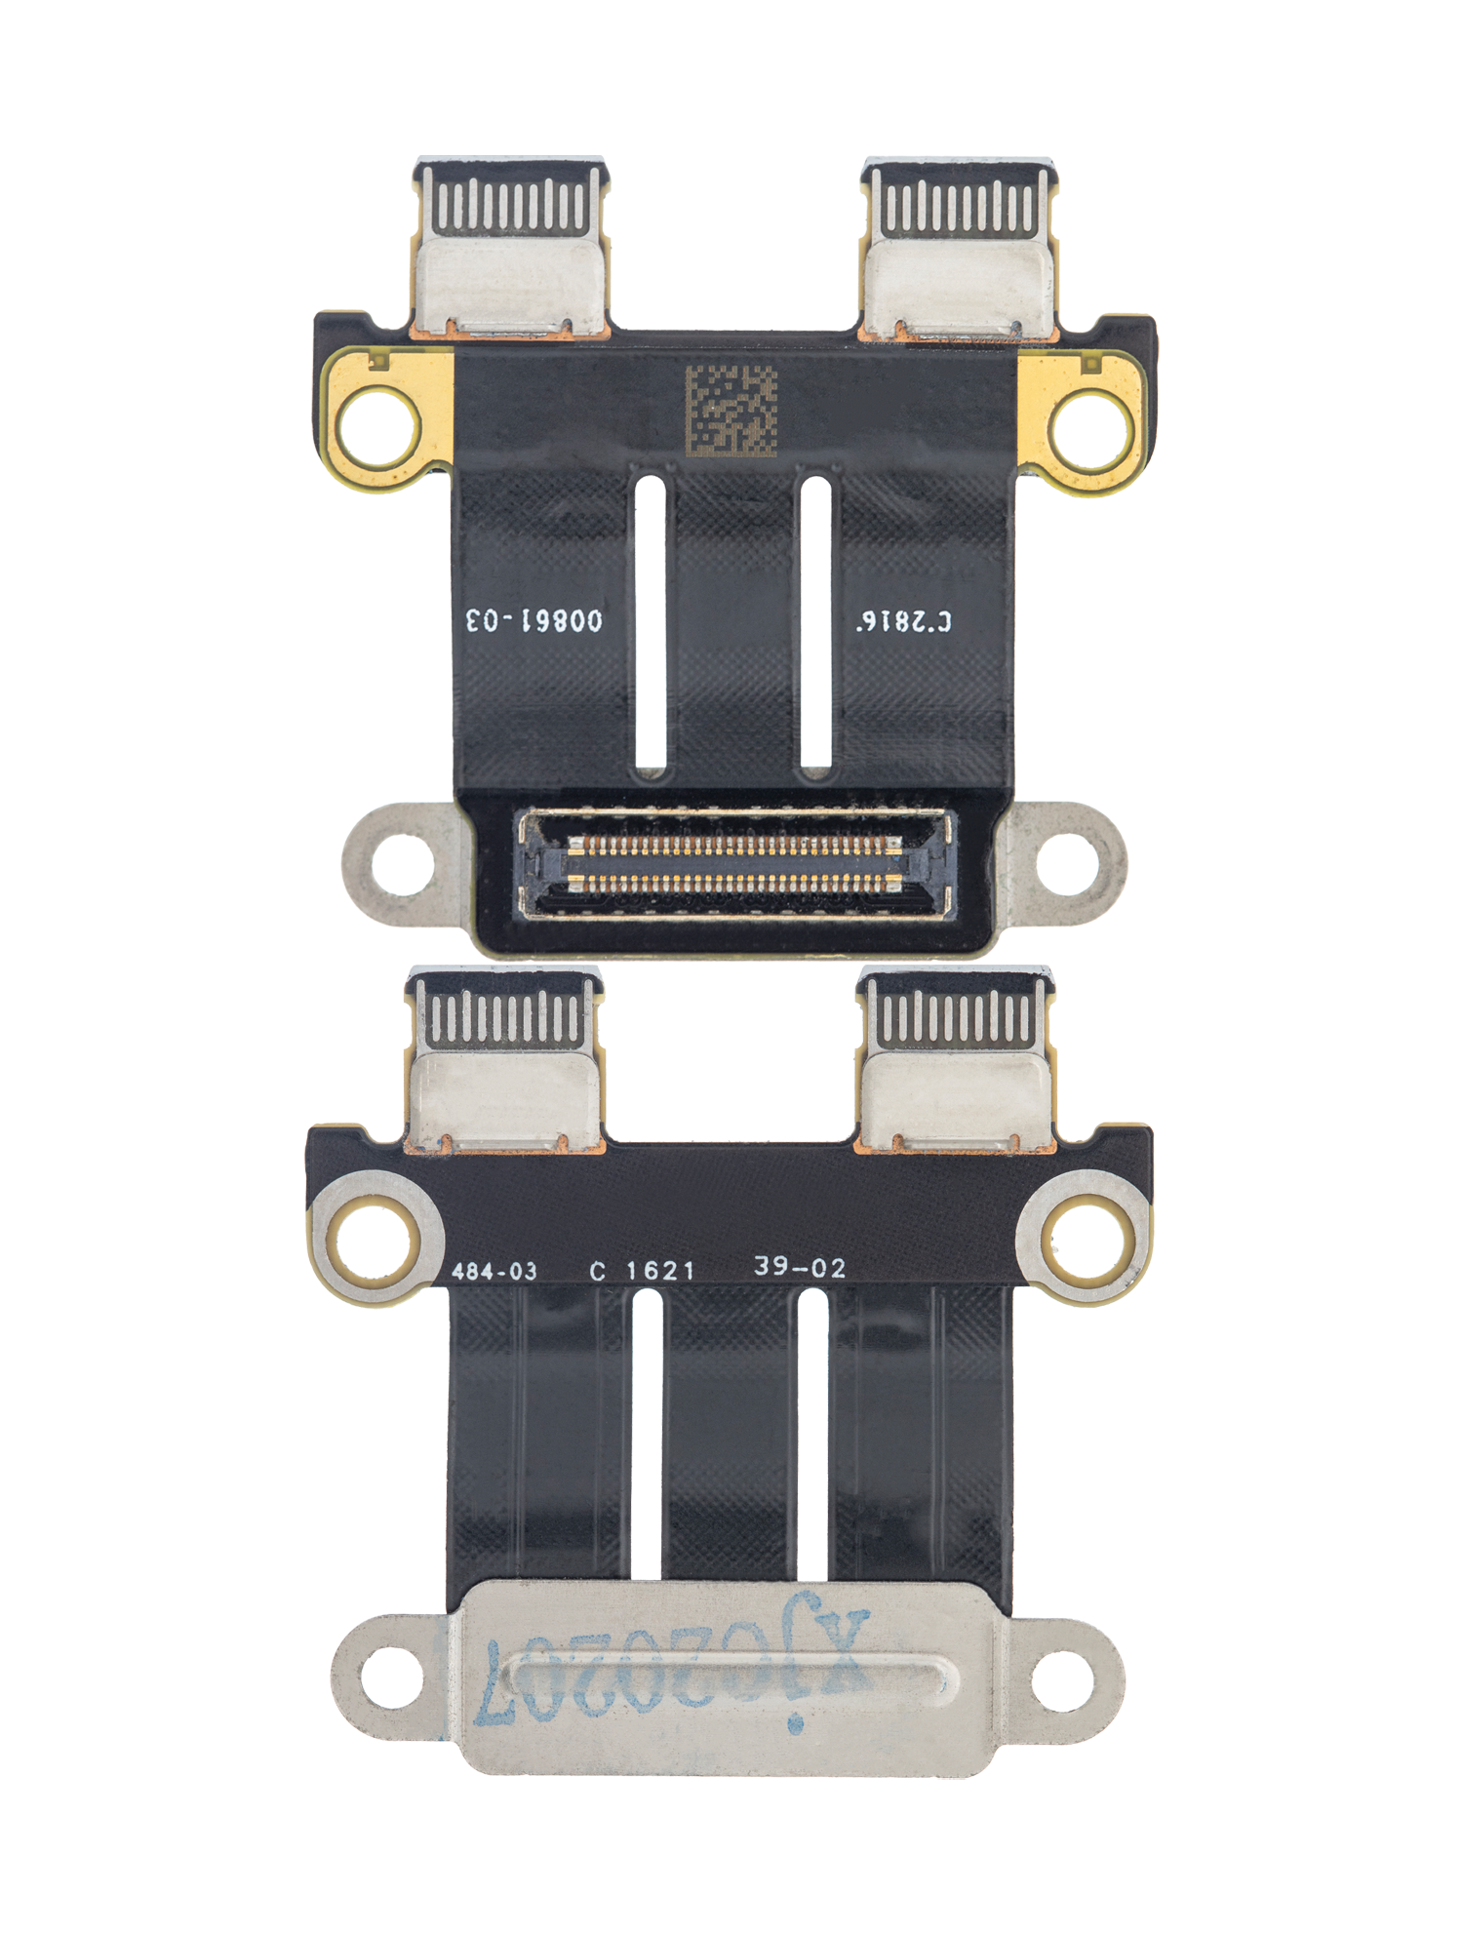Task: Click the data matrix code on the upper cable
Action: (x=731, y=411)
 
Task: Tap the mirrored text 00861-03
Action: (x=534, y=620)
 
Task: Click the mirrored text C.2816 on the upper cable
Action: (x=904, y=621)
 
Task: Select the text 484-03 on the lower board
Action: (x=494, y=1272)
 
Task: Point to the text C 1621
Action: (x=643, y=1271)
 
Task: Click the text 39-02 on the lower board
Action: (x=800, y=1268)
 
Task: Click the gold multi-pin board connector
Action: (x=733, y=863)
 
